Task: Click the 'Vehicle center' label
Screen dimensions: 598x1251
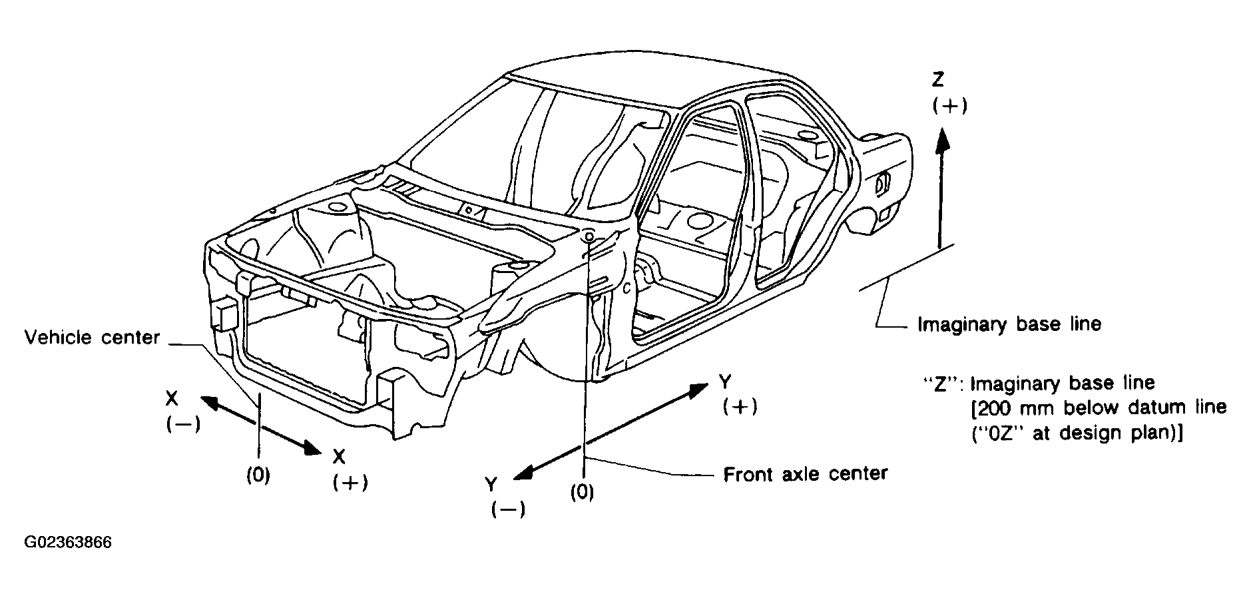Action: [x=92, y=338]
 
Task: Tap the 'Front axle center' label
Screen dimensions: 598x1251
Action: [x=805, y=474]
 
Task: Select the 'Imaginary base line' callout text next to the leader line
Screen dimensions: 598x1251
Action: [x=1009, y=324]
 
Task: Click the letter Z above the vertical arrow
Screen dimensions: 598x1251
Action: [x=938, y=81]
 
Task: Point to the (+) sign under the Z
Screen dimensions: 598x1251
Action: [x=949, y=106]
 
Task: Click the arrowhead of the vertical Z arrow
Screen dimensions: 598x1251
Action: [x=941, y=140]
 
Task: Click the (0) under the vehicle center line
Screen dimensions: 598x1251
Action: [x=258, y=475]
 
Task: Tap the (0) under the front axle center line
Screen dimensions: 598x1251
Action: [x=583, y=493]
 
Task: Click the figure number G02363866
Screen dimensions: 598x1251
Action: [x=68, y=543]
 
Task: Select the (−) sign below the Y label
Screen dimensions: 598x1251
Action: [x=508, y=510]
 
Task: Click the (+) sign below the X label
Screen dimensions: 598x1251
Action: [x=350, y=483]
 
